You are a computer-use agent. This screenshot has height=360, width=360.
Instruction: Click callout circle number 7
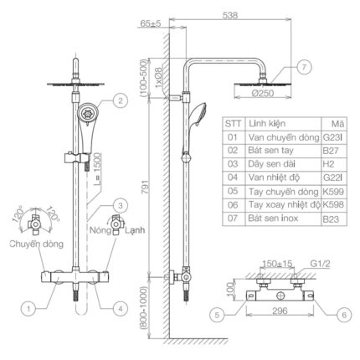click(304, 67)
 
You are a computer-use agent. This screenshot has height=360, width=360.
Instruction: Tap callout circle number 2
click(121, 100)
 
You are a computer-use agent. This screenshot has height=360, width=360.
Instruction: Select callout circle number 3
click(121, 206)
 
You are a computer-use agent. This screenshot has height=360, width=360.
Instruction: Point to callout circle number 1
click(28, 309)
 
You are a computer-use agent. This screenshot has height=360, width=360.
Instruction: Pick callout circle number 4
click(121, 309)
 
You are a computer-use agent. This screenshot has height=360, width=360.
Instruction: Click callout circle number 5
click(217, 315)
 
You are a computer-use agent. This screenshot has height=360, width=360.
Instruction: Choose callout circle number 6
click(344, 315)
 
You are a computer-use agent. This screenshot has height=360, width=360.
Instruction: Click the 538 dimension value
click(230, 15)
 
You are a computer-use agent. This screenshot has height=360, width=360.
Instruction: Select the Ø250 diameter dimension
click(262, 93)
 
